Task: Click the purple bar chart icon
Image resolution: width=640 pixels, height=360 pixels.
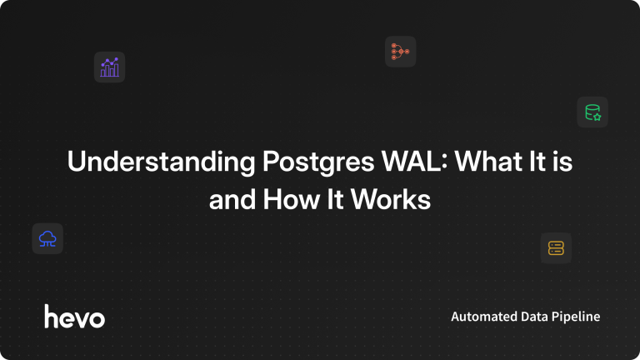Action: click(x=109, y=67)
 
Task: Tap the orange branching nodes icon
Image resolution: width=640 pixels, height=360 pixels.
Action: click(x=400, y=52)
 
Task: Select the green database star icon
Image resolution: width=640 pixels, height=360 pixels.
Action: click(x=592, y=112)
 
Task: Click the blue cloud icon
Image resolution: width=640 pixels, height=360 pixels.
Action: click(x=47, y=239)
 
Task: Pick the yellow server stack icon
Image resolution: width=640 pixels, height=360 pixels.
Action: click(x=556, y=248)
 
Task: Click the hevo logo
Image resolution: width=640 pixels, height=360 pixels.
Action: click(x=75, y=317)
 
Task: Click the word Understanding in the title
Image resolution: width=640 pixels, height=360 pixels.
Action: click(x=161, y=162)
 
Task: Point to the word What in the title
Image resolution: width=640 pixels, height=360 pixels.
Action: click(x=488, y=161)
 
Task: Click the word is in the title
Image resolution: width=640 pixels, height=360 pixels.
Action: click(x=563, y=161)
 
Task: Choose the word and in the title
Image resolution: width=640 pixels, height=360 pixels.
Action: click(x=232, y=200)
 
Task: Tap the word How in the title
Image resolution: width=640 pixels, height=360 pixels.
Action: click(x=291, y=200)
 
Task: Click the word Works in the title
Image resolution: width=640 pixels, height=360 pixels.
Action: click(x=391, y=200)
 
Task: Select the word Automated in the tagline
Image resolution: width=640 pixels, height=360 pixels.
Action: click(x=484, y=317)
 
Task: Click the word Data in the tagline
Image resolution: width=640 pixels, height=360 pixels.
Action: click(x=534, y=317)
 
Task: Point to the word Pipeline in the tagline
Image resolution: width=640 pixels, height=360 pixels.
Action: click(x=576, y=317)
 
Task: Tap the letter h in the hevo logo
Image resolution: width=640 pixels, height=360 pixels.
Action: click(x=52, y=317)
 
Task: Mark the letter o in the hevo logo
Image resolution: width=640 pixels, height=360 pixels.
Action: click(x=97, y=319)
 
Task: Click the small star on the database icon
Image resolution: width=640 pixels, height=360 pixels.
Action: click(x=597, y=117)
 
